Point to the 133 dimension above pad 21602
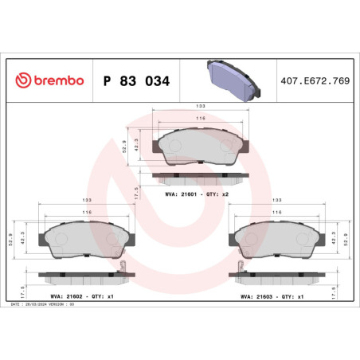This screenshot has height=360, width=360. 87,201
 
